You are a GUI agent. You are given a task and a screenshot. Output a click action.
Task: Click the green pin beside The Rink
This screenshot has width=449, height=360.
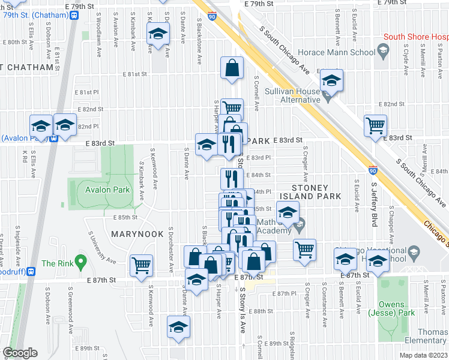82,261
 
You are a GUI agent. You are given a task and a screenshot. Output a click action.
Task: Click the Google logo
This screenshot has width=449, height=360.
19,353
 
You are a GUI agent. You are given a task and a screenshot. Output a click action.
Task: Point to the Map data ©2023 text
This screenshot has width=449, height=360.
423,355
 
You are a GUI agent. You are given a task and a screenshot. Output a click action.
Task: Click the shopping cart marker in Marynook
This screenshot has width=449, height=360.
141,265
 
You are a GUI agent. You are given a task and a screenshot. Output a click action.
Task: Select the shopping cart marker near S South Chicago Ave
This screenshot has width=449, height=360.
375,126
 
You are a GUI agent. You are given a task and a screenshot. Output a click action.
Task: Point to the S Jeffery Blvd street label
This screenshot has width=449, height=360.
373,205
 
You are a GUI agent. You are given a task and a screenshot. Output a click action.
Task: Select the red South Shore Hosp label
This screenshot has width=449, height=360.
415,37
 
